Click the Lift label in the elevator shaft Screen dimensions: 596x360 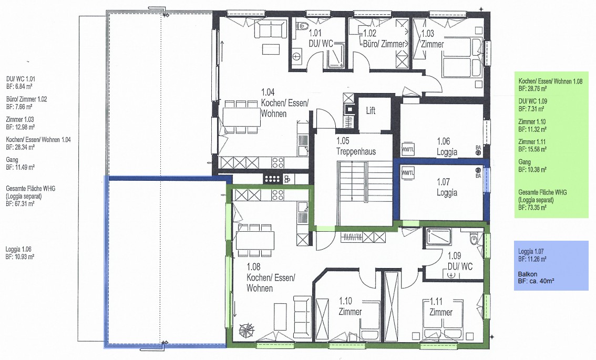click(x=371, y=110)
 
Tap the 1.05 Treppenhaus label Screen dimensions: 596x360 click(x=356, y=146)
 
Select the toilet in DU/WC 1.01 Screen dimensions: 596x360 click(x=303, y=25)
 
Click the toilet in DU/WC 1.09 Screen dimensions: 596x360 click(x=474, y=240)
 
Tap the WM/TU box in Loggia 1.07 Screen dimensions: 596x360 click(x=408, y=172)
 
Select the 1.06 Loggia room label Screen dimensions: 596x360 click(x=447, y=147)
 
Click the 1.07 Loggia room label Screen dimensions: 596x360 click(x=447, y=188)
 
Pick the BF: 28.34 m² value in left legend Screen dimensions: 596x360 click(x=20, y=147)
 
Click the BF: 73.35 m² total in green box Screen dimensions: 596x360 click(x=532, y=208)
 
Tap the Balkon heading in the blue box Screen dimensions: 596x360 click(x=528, y=274)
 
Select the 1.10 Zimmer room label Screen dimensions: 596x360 click(x=350, y=306)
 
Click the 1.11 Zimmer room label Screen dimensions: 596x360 click(x=441, y=307)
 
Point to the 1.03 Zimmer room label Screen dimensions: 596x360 click(x=432, y=39)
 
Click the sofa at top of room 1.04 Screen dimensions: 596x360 click(x=270, y=29)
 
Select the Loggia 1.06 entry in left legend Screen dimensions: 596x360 click(x=18, y=250)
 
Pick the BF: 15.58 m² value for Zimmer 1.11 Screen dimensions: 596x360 click(x=532, y=149)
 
